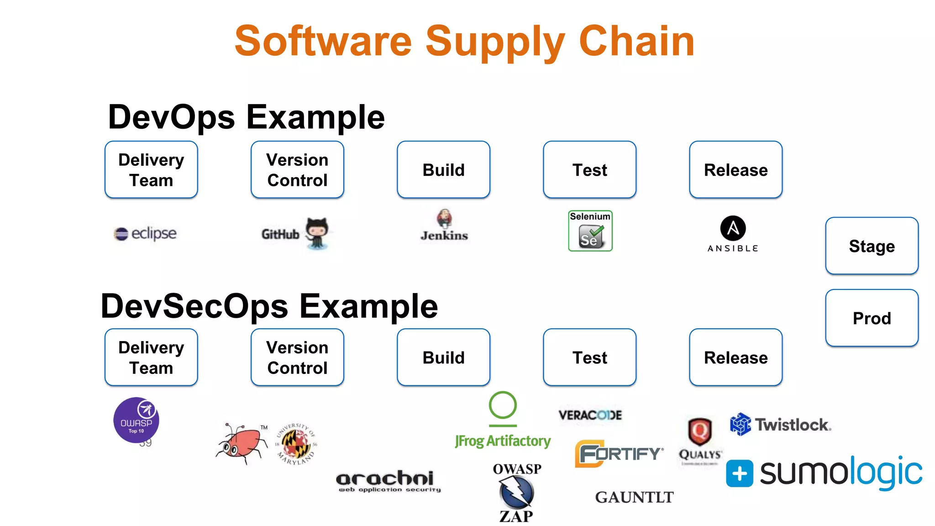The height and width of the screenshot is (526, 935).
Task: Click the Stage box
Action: coord(872,246)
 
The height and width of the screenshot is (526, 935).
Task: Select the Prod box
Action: coord(872,318)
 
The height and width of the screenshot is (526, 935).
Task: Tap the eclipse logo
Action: coord(145,233)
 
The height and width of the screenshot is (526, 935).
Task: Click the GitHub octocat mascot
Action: coord(316,232)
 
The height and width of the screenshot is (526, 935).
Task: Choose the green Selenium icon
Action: coord(590,231)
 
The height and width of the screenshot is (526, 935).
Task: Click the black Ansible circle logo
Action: coord(733,228)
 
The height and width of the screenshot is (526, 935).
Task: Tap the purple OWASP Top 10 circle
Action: coord(136,420)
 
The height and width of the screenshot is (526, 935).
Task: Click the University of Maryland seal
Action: coord(296,444)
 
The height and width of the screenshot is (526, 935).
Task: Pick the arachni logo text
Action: coord(385,479)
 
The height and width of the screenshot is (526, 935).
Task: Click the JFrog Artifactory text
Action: coord(503,441)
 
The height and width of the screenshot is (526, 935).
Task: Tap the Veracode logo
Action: coord(590,415)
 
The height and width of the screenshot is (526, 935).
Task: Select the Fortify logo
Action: coord(619,453)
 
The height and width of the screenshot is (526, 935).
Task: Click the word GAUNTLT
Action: coord(634,497)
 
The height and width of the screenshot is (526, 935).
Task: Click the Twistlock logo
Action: coord(781,425)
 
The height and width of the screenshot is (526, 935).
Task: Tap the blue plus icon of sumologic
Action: coord(739,473)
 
